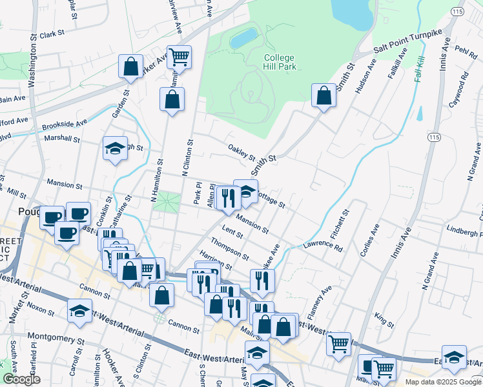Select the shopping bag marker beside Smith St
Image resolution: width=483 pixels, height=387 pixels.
click(323, 96)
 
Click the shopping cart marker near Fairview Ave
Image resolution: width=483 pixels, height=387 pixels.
click(179, 57)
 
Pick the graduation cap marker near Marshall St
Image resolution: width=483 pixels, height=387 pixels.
click(114, 149)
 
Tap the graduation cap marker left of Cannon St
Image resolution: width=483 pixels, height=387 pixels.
click(79, 312)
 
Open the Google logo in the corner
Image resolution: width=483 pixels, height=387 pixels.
click(22, 379)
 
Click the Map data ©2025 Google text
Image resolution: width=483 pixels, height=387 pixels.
click(442, 382)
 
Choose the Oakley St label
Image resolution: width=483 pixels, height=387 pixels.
click(242, 153)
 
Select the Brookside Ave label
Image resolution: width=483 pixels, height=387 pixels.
click(64, 123)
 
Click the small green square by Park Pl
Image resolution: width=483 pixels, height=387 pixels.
click(169, 202)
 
